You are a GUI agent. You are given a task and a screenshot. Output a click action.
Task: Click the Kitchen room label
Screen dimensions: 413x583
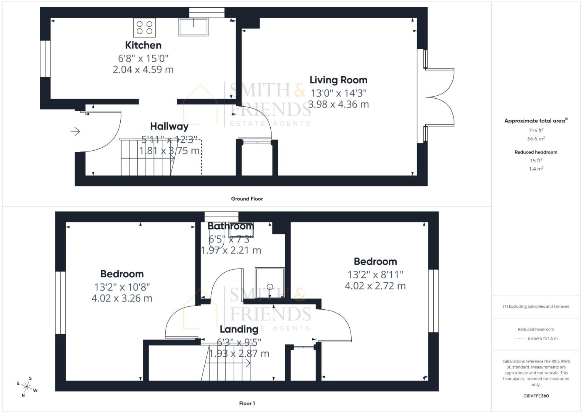143,45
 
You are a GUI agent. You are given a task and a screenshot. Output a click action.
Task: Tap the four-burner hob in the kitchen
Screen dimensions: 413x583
144,28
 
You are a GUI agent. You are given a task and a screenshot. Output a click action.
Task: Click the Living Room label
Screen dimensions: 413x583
338,80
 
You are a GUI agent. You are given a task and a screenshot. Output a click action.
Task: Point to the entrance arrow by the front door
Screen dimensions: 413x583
75,132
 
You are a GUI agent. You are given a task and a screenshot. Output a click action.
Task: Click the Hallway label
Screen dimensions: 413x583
169,126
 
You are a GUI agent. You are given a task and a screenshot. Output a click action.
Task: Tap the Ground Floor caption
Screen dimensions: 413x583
247,199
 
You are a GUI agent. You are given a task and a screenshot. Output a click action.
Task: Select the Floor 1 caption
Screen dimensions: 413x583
247,403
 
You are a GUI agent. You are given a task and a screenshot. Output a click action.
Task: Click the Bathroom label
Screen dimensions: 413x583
231,226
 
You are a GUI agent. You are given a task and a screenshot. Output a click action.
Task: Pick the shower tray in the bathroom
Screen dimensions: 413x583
270,283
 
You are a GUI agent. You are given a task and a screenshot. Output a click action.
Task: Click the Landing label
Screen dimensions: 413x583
239,329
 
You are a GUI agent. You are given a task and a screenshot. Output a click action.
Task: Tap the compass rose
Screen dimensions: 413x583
27,387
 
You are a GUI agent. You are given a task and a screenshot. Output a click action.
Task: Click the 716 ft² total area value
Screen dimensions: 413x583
536,130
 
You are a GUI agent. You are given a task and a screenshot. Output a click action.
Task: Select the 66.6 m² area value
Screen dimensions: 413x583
536,139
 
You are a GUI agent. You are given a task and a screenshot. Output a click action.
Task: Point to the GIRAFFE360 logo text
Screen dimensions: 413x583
536,396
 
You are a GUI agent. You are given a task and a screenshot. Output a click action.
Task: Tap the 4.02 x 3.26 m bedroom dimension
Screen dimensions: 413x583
122,298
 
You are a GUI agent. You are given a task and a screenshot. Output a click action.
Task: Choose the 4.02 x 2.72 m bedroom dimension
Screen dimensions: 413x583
375,286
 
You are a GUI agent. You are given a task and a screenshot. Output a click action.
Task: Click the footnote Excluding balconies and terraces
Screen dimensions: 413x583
536,306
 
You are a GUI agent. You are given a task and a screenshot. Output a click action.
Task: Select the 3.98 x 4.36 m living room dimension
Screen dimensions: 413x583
338,104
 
